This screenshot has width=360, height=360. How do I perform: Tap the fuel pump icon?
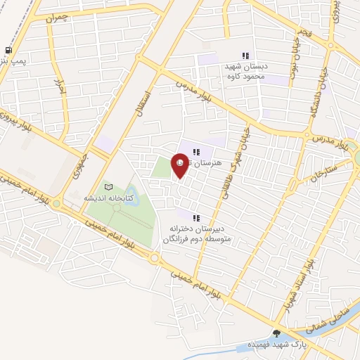pyautogui.click(x=8, y=51)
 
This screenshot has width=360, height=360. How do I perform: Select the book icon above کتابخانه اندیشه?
pyautogui.click(x=108, y=187)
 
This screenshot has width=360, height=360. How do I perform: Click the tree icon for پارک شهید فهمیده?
pyautogui.click(x=276, y=333)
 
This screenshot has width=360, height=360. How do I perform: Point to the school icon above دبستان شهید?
pyautogui.click(x=245, y=56)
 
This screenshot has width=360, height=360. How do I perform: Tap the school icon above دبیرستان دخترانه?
pyautogui.click(x=196, y=218)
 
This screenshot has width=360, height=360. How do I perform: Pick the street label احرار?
pyautogui.click(x=60, y=87)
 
